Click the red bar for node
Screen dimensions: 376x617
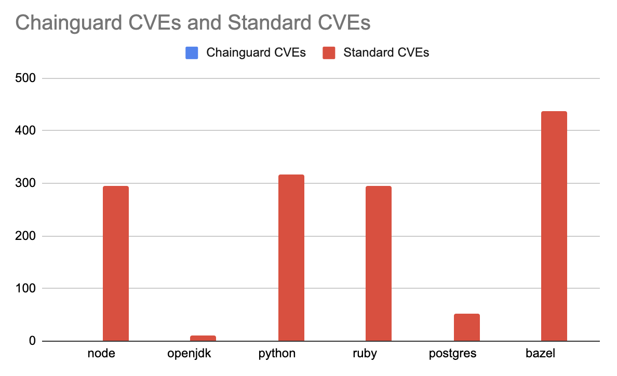[116, 263]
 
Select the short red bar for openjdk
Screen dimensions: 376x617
[203, 339]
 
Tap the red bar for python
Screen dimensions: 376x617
[291, 258]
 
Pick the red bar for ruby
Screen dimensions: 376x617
[379, 263]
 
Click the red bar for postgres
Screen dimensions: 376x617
[466, 328]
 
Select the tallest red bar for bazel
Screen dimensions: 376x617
[554, 226]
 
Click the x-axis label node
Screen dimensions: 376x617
[101, 354]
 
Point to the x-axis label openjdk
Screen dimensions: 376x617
[189, 354]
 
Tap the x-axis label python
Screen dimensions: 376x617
[276, 354]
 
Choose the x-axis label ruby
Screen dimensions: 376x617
[364, 354]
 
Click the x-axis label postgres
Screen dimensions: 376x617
[452, 354]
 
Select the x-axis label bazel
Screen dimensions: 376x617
[540, 354]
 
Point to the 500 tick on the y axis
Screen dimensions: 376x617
[25, 78]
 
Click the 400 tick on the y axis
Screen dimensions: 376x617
[25, 131]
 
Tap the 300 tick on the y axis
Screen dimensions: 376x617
[25, 183]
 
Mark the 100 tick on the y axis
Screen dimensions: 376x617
[25, 288]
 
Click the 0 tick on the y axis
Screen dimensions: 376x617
[32, 341]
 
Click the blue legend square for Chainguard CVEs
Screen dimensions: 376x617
[192, 52]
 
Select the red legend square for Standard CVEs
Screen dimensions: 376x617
[329, 52]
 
